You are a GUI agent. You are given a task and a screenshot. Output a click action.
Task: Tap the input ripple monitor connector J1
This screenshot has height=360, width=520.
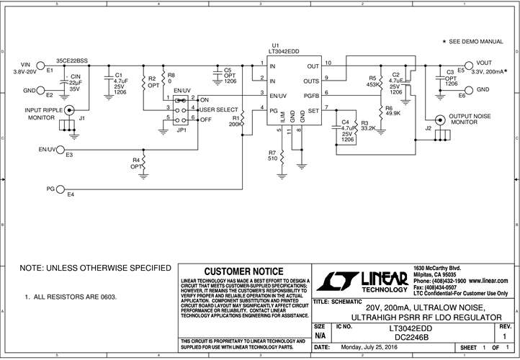click(70, 109)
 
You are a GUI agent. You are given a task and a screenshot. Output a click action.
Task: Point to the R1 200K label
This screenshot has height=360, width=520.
click(236, 120)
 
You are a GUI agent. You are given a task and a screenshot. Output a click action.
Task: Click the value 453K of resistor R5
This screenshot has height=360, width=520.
click(373, 84)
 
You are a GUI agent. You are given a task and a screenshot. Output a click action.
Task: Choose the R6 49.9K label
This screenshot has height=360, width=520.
click(394, 111)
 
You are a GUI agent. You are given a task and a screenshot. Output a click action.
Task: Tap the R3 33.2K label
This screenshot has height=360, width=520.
click(369, 126)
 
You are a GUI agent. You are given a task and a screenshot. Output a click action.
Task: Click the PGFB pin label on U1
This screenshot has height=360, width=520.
click(311, 94)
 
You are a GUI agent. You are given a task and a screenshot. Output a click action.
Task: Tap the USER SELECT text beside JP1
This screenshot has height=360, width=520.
click(218, 108)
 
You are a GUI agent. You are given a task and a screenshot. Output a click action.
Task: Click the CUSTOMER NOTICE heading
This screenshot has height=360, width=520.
click(243, 270)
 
